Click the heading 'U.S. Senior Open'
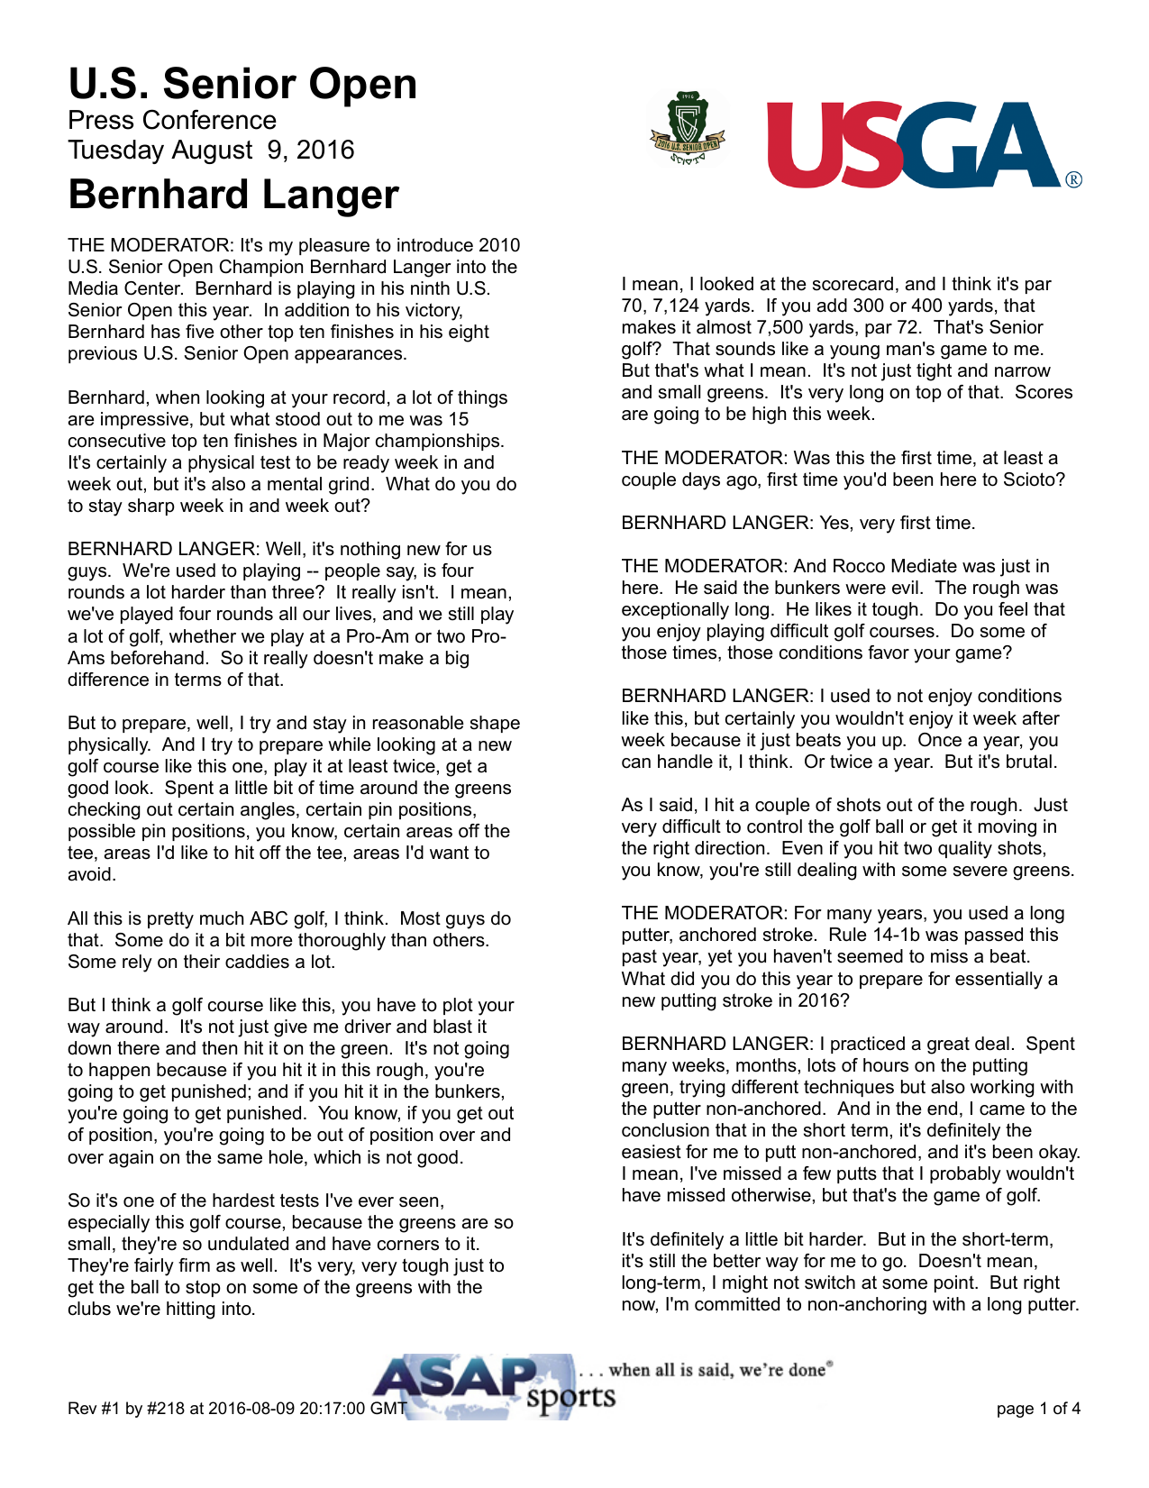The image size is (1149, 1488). (x=242, y=84)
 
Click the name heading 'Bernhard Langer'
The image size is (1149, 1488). (x=233, y=195)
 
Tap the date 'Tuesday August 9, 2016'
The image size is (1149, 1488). (x=211, y=150)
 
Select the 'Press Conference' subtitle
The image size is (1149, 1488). (x=172, y=120)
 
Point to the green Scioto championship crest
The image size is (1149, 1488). (x=688, y=130)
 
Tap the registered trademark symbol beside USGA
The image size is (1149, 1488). (x=1073, y=179)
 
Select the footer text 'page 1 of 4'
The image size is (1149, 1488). (x=1038, y=1409)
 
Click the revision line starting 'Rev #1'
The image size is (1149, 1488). (x=237, y=1409)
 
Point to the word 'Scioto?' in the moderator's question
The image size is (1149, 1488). (x=1035, y=479)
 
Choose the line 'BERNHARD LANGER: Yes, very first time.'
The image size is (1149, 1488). (x=798, y=523)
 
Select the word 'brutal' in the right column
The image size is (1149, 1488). (x=1027, y=762)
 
